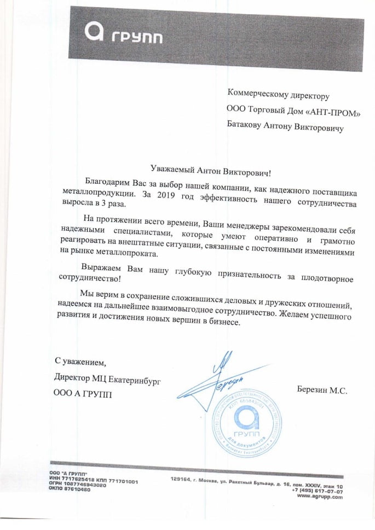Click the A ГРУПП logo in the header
click(x=123, y=34)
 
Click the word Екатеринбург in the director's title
click(x=139, y=378)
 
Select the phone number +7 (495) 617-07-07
click(x=317, y=491)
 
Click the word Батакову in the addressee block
click(x=244, y=127)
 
